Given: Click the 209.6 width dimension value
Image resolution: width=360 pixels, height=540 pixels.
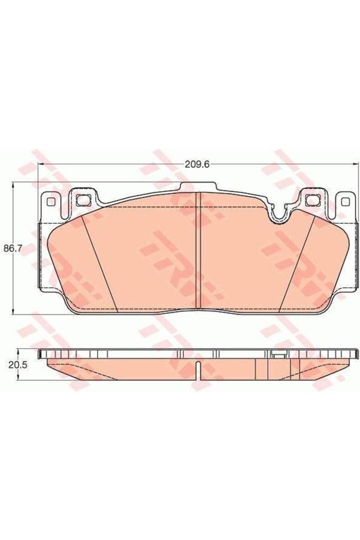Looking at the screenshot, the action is click(197, 164).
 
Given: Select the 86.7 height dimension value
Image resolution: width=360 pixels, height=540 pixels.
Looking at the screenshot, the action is click(11, 248).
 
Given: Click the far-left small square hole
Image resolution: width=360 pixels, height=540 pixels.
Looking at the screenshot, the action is click(50, 202).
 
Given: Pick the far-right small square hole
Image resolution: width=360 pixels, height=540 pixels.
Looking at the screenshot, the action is click(344, 202).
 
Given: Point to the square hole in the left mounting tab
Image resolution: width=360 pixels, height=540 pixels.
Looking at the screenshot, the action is click(82, 199).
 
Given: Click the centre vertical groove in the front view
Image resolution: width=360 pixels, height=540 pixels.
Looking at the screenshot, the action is click(198, 250).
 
